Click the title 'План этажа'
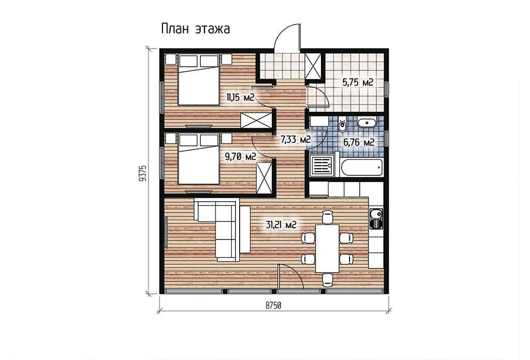(195, 29)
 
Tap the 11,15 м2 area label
(240, 98)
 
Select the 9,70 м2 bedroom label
(240, 156)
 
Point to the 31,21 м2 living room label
(281, 224)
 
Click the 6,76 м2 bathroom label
(359, 143)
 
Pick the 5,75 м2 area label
(358, 82)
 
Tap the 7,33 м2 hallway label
(296, 139)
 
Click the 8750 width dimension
(273, 306)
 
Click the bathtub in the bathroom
(362, 168)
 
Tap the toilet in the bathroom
(342, 125)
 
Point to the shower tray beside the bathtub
(322, 166)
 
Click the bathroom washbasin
(367, 123)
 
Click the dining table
(327, 248)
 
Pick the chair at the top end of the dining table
(328, 217)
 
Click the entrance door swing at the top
(287, 37)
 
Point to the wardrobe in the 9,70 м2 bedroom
(264, 178)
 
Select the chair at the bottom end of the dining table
(328, 280)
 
